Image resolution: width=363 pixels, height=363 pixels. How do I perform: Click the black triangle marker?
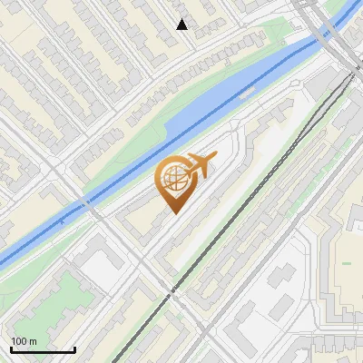coord(182,25)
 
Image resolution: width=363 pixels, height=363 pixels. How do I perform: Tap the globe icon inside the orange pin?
coord(173,180)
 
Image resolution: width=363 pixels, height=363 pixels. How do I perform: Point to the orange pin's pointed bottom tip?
coord(173,213)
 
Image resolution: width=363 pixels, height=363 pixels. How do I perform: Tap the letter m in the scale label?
coord(34,341)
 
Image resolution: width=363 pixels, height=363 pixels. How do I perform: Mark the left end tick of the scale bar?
coord(11,348)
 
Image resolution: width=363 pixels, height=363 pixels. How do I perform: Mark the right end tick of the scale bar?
coord(74,348)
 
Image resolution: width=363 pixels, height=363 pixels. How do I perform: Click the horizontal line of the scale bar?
coord(43,350)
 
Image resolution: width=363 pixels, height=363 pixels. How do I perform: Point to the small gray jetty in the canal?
coord(62,221)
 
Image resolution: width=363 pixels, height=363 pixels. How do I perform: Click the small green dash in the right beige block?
coord(347,262)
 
